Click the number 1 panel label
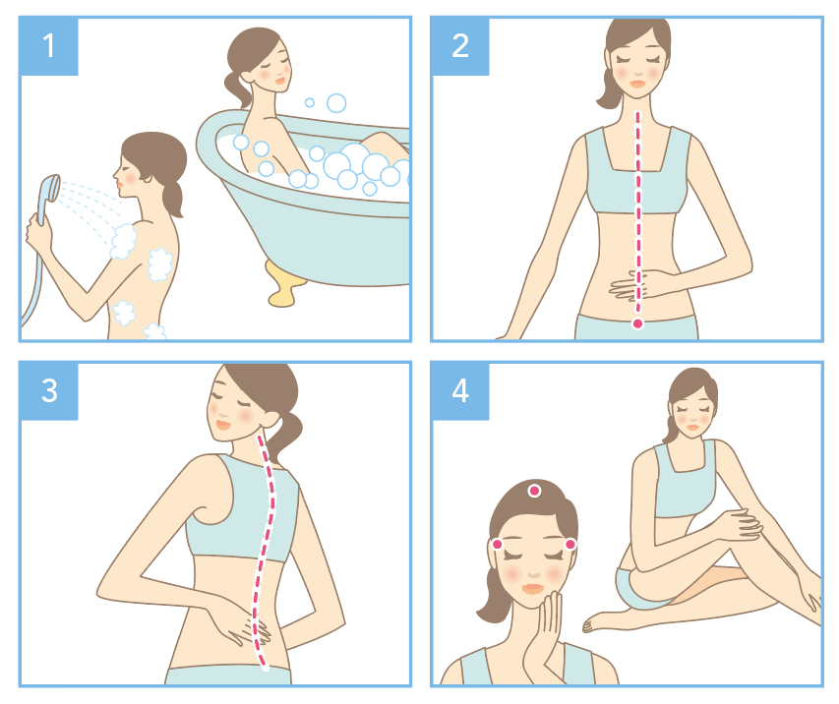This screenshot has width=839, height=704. (x=49, y=46)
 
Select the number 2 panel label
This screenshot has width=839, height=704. (x=460, y=46)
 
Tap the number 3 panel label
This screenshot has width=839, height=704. (x=49, y=390)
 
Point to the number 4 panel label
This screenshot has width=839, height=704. (x=460, y=390)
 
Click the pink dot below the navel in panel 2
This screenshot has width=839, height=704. (x=637, y=323)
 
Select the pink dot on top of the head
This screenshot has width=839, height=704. (x=534, y=491)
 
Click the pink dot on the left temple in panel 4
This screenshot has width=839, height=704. (x=497, y=544)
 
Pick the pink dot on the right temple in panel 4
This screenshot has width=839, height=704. (x=570, y=544)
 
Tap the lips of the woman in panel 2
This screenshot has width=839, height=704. (x=637, y=84)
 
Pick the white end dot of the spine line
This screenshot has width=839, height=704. (x=265, y=667)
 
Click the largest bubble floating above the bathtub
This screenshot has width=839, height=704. (x=336, y=102)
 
